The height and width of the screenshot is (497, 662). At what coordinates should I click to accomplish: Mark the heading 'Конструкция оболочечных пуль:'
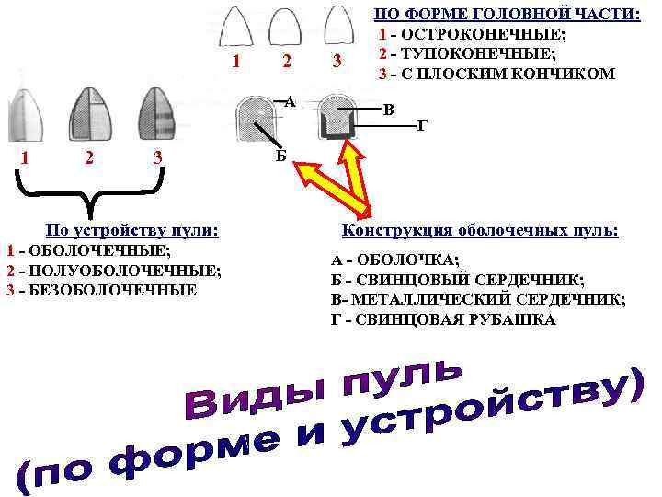tap(480, 230)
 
